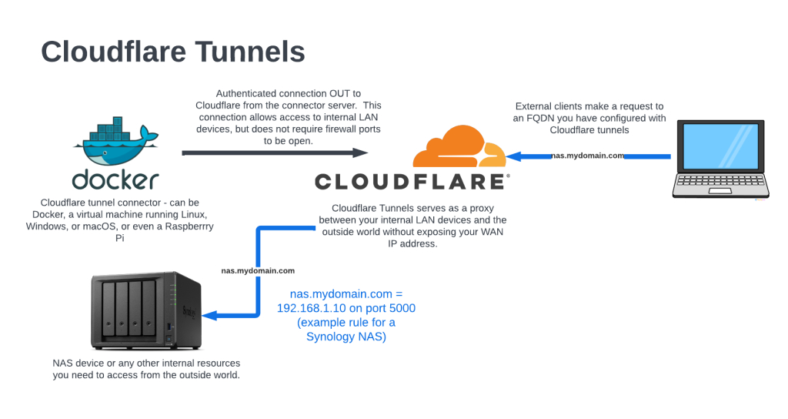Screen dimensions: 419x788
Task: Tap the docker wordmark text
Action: [115, 179]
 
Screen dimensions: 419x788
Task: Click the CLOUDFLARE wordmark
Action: [412, 182]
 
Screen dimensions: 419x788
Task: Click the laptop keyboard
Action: [719, 185]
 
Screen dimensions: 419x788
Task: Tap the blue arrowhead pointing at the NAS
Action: [209, 314]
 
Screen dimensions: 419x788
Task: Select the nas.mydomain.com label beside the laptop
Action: [588, 156]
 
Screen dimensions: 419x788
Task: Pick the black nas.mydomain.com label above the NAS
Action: [258, 270]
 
